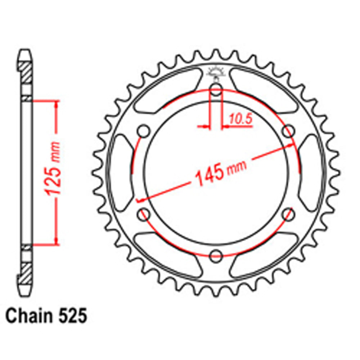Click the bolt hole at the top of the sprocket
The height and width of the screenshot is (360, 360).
click(216, 90)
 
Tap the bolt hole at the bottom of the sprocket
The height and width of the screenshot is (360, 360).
click(216, 256)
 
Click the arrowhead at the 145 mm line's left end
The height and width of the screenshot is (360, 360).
click(141, 200)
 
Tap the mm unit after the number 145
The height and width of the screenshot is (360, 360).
click(237, 167)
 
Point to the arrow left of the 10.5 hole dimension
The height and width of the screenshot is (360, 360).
click(204, 126)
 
